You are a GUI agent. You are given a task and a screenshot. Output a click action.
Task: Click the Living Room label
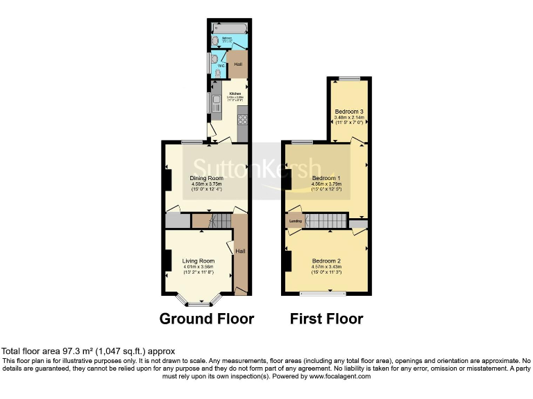pyautogui.click(x=198, y=260)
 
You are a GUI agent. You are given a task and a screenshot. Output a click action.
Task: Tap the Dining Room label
pyautogui.click(x=205, y=178)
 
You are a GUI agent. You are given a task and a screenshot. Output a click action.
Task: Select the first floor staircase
pyautogui.click(x=326, y=221)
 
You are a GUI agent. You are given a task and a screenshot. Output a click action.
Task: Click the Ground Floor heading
pyautogui.click(x=206, y=319)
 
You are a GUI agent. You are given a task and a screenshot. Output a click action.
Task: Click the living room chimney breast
pyautogui.click(x=167, y=260)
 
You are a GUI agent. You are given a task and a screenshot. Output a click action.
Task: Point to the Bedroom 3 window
pyautogui.click(x=349, y=78)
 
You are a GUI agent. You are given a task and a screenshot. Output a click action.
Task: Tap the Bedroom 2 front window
pyautogui.click(x=323, y=293)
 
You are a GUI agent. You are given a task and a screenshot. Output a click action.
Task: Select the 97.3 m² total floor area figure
pyautogui.click(x=71, y=351)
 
